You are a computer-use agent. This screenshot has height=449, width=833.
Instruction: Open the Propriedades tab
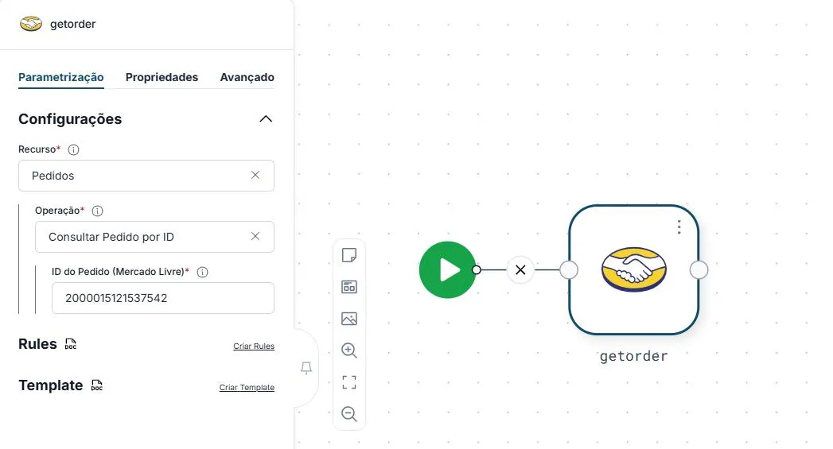click(162, 78)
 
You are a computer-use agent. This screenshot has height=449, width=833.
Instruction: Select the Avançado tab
click(247, 78)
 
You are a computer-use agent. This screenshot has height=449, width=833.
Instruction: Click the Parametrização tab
click(61, 78)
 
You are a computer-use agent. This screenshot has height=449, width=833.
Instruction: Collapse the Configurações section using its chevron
click(266, 119)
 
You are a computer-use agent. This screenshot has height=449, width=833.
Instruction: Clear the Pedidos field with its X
click(255, 175)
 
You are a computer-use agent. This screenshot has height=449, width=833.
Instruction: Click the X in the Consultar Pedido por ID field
click(255, 236)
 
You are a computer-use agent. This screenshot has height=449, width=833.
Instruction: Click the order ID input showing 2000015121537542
click(162, 298)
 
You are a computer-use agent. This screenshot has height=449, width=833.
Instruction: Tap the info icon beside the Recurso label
click(74, 149)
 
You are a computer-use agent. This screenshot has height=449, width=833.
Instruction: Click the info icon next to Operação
click(97, 211)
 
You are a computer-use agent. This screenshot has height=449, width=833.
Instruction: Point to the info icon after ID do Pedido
click(202, 272)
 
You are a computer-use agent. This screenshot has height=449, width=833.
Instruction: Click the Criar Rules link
click(254, 346)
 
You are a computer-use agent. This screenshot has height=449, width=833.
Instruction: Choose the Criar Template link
click(247, 388)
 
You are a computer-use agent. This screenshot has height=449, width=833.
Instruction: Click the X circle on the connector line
click(520, 269)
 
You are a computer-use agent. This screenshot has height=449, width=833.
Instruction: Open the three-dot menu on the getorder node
click(679, 227)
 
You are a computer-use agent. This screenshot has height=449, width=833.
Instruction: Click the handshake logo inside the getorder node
click(634, 269)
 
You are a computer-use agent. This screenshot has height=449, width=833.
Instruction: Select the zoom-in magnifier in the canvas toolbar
click(349, 350)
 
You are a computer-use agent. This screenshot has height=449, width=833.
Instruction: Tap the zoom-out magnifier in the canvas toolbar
click(349, 414)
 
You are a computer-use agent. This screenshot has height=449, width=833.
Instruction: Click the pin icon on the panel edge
click(306, 368)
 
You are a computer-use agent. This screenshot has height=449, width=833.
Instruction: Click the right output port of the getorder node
click(699, 270)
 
